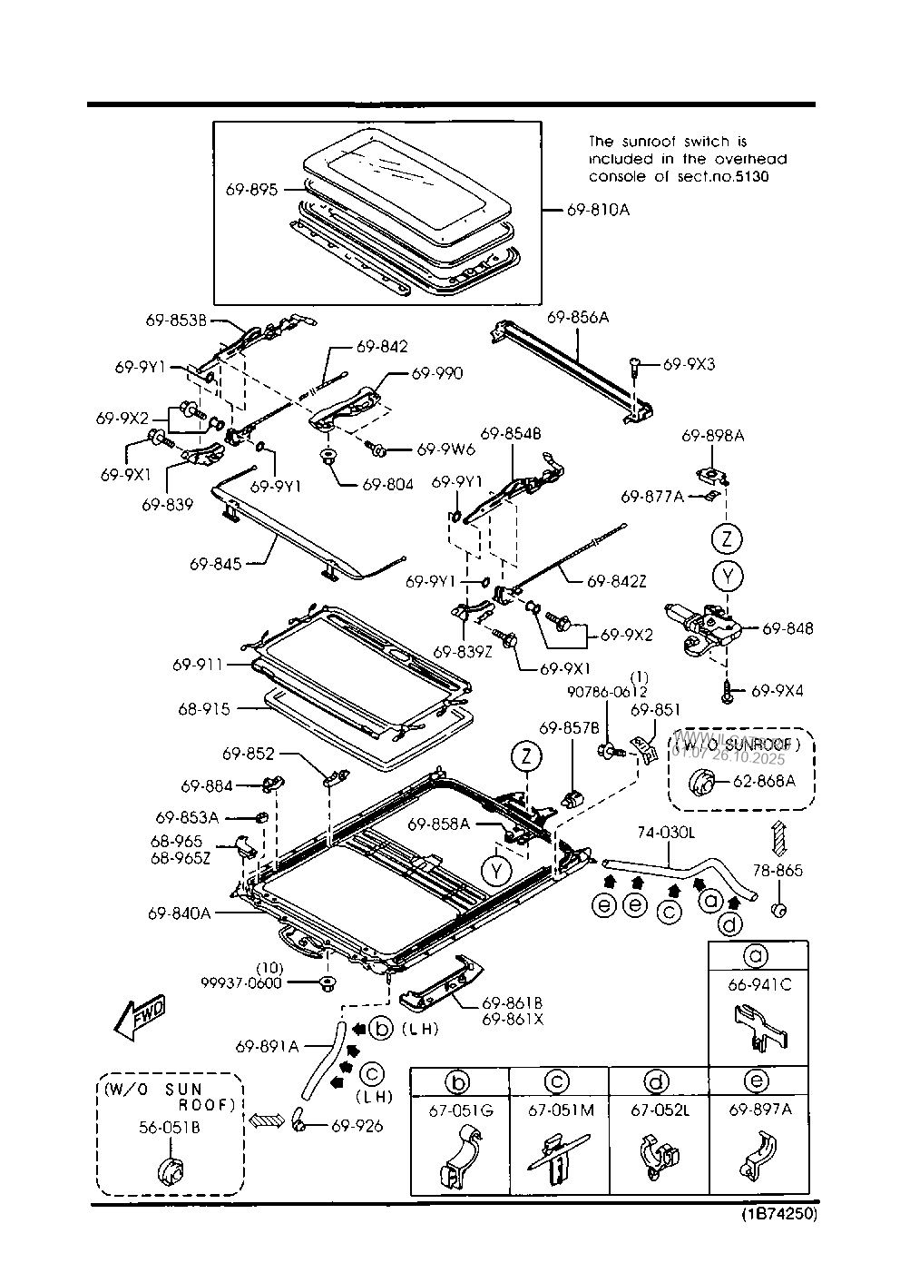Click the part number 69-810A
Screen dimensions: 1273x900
597,210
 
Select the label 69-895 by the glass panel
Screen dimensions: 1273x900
252,190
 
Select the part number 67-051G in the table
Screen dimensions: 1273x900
459,1110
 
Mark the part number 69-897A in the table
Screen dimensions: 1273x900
758,1110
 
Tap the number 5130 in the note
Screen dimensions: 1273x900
750,176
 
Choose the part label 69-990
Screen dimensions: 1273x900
436,373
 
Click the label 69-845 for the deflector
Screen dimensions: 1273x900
215,564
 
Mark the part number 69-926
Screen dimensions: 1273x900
357,1126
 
